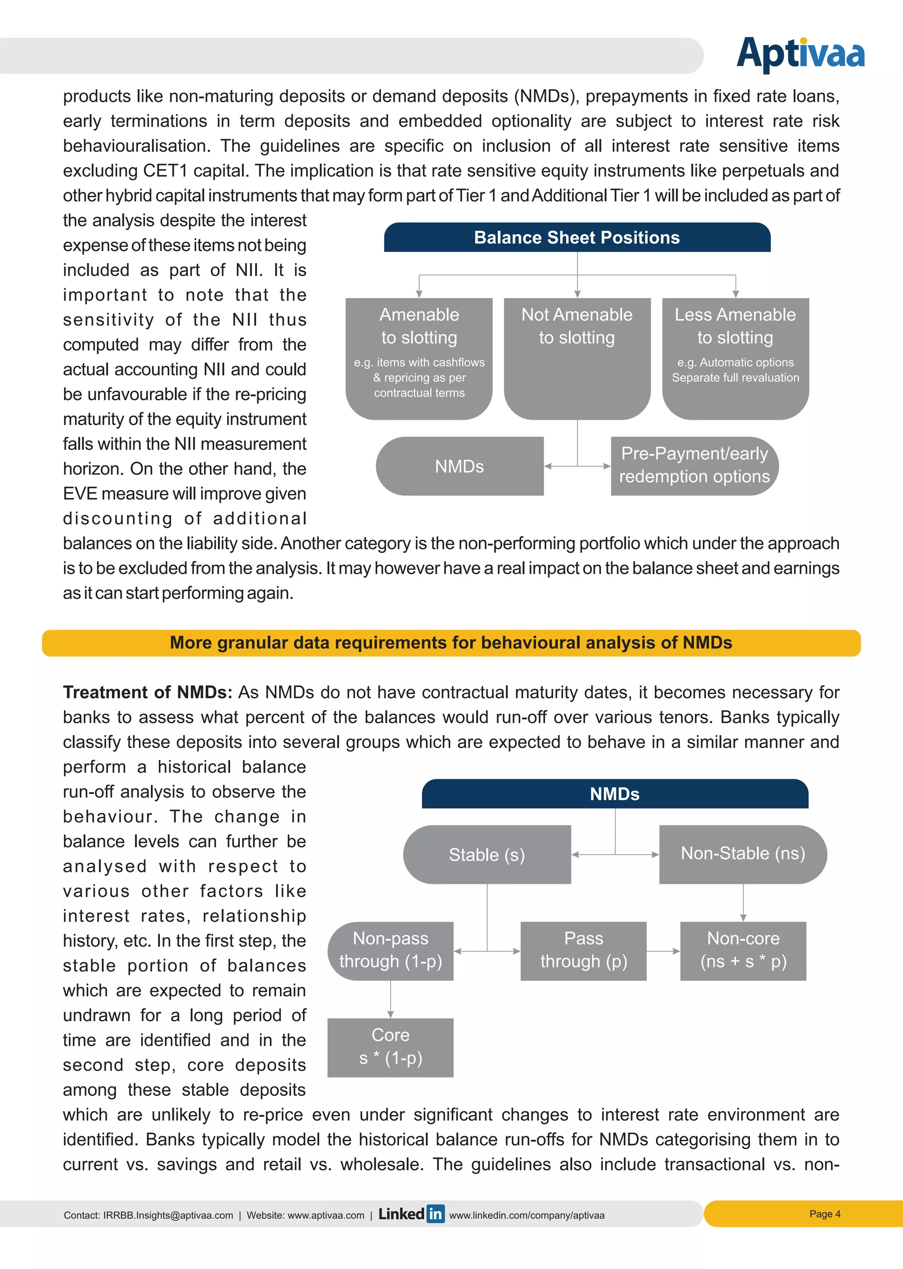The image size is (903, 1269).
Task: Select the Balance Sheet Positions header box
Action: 577,237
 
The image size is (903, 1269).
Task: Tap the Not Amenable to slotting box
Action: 577,358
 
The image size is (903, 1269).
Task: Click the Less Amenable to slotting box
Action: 735,358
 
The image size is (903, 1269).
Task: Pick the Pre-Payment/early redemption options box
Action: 694,465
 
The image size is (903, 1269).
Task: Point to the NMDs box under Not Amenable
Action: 459,466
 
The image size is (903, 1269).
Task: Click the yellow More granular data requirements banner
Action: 451,643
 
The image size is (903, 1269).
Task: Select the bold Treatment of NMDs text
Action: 147,693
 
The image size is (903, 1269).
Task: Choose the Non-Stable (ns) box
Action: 743,853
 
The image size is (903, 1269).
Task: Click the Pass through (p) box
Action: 583,951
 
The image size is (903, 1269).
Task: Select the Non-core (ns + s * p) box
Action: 743,951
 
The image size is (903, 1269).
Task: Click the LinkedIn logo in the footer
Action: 411,1214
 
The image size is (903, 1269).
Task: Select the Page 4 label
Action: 825,1214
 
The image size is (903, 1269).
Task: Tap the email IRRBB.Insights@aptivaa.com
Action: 168,1216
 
